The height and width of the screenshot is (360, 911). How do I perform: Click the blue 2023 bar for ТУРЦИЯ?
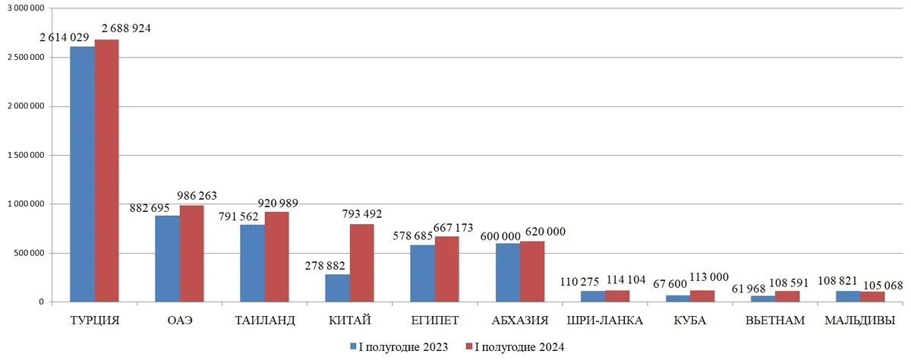click(x=82, y=174)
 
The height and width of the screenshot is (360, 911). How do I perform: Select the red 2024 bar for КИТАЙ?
click(x=361, y=263)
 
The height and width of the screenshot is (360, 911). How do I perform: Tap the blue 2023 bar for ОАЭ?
click(x=167, y=258)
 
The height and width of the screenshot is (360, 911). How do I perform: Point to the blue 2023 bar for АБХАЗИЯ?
click(x=508, y=273)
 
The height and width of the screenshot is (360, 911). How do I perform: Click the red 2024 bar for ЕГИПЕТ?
click(x=446, y=269)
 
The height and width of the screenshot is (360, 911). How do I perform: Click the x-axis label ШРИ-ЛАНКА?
click(x=604, y=321)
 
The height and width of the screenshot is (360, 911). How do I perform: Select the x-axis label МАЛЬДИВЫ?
click(x=859, y=321)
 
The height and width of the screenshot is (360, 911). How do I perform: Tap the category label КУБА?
click(x=689, y=321)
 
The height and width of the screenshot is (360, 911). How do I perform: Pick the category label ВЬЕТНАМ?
click(x=774, y=321)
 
